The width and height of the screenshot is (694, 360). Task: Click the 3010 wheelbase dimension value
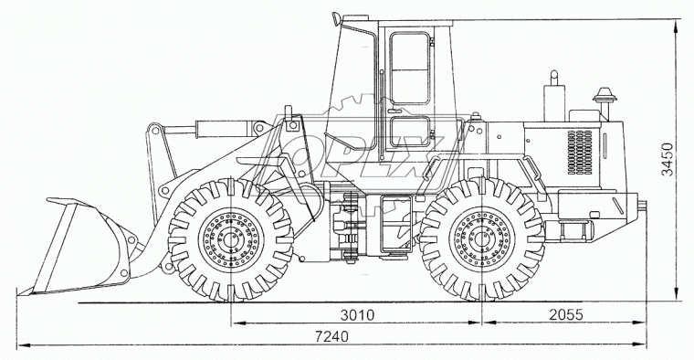point(357,315)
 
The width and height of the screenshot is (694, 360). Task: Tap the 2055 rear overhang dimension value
point(566,314)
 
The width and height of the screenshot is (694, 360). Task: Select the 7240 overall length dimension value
point(331,336)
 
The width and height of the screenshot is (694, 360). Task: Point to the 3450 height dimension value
point(667,159)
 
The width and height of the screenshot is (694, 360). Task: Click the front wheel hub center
point(230,239)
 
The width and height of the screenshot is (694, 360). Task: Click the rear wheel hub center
point(482,239)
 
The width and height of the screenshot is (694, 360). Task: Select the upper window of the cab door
point(409,68)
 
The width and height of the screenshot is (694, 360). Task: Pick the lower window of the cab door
point(410,132)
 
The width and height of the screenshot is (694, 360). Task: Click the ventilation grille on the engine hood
point(580,152)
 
